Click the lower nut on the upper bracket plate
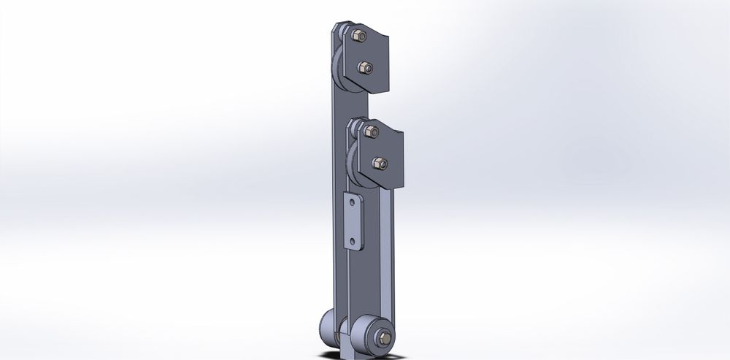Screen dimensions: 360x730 [364, 68]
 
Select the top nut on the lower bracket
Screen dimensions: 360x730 [371, 131]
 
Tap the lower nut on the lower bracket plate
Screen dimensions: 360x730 [379, 163]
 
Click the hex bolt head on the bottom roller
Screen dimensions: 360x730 [383, 338]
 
